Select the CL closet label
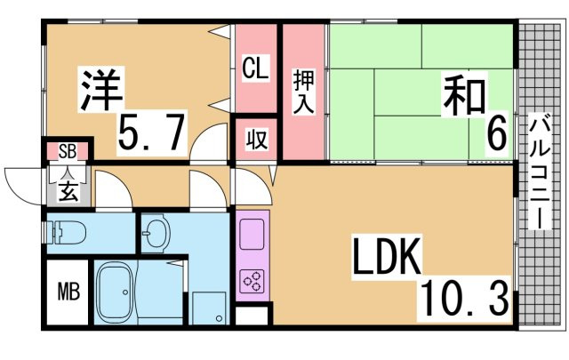[256, 68]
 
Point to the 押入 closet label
[303, 92]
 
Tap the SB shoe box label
[68, 150]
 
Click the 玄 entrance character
[68, 188]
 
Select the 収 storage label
[255, 140]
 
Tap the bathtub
[116, 293]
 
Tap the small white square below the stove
[251, 314]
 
